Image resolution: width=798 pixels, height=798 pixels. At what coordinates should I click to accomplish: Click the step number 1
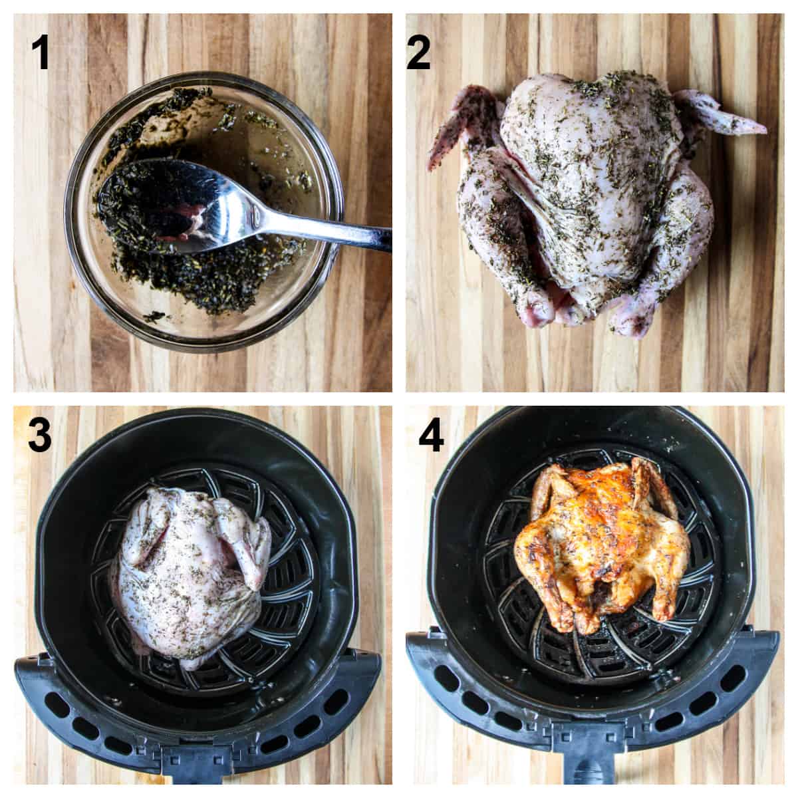[41, 53]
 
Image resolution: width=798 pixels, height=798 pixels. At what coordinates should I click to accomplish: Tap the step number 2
[419, 53]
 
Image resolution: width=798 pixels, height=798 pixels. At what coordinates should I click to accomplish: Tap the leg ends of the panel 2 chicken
[585, 316]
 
